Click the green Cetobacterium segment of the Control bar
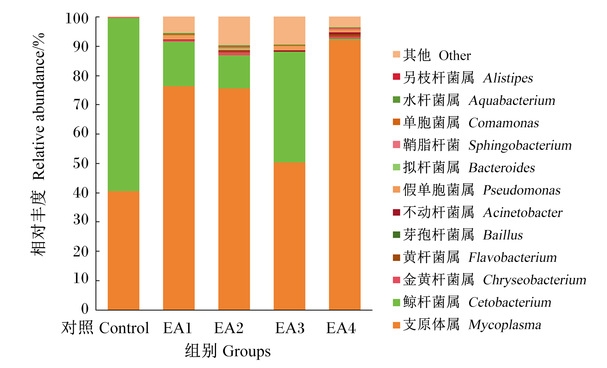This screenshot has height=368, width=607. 123,104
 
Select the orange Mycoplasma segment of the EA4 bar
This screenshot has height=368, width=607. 345,175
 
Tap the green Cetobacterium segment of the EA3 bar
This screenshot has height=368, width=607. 289,107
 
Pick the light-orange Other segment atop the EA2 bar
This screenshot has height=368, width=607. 234,31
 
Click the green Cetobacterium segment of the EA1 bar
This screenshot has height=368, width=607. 179,64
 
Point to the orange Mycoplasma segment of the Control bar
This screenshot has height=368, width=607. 123,250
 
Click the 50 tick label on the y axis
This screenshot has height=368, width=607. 81,163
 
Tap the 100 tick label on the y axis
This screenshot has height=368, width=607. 77,18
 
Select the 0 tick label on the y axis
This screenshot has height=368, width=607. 85,309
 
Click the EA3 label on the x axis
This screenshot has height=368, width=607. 290,328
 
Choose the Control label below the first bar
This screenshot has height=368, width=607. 124,328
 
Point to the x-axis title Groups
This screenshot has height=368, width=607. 247,351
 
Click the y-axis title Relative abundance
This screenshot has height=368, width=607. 39,107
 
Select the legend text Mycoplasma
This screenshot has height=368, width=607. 505,325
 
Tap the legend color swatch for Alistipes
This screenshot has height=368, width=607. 396,76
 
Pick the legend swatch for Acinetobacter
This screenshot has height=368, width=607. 396,212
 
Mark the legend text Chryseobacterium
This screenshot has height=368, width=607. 535,280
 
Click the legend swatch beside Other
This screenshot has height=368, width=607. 396,54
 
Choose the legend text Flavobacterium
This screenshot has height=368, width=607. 513,258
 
